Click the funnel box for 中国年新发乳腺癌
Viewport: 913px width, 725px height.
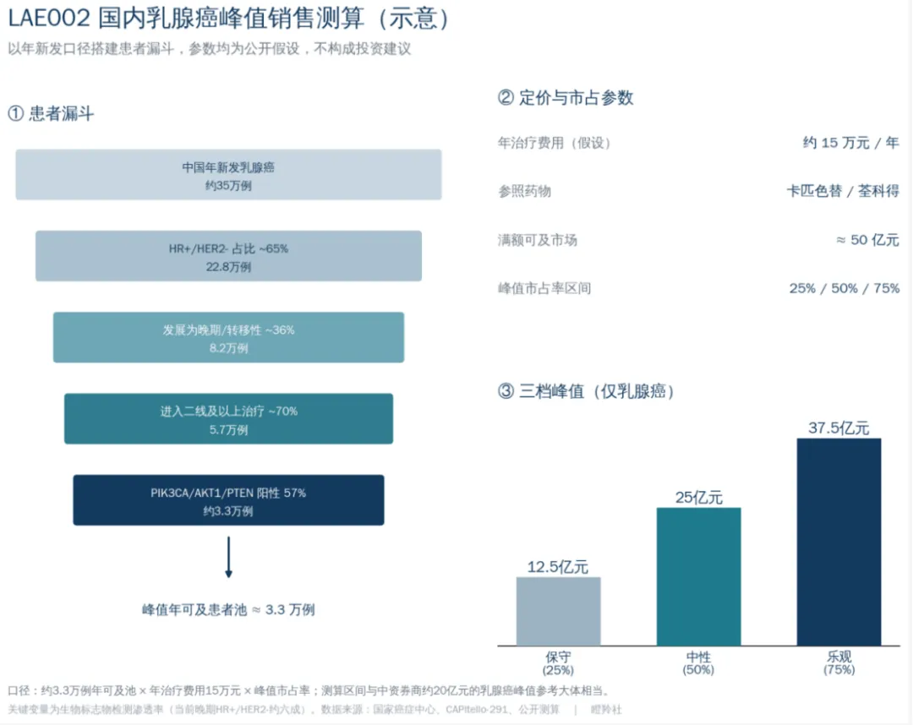point(228,175)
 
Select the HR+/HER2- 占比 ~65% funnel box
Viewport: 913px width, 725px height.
point(228,256)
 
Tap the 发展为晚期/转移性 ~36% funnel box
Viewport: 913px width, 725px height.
point(228,337)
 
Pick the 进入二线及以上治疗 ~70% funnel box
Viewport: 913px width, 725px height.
point(228,419)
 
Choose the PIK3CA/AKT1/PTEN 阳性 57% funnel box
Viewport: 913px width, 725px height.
point(228,500)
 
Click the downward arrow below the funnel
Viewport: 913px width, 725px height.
point(228,557)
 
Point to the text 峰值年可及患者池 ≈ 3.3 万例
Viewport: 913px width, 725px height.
point(228,610)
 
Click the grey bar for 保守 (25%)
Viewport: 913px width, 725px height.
point(559,611)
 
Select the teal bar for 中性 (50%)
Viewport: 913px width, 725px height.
point(699,576)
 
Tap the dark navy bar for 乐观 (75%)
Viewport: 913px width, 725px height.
point(839,542)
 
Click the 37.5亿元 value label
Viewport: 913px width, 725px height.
point(839,428)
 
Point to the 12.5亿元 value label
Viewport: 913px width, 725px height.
point(558,567)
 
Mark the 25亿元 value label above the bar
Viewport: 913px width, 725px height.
point(699,498)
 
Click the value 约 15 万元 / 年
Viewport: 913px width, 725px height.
point(850,143)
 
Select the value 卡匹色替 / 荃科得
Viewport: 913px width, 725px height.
point(843,191)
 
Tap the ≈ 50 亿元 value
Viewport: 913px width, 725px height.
point(867,240)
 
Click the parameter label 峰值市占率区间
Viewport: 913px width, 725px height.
point(544,288)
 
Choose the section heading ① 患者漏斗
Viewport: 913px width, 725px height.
point(52,113)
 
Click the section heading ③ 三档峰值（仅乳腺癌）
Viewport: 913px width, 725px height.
point(586,391)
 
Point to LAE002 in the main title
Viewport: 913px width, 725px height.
point(49,18)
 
